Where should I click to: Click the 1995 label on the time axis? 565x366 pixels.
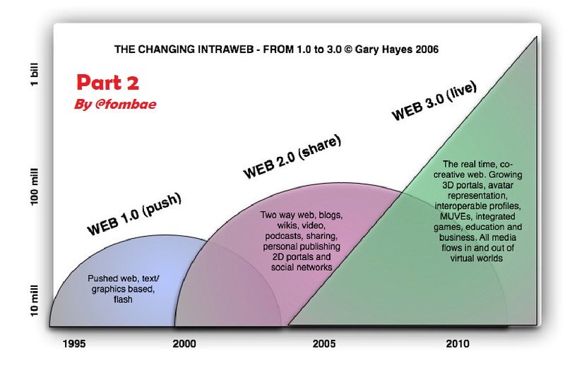pos(74,343)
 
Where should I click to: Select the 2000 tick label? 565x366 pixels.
pos(184,343)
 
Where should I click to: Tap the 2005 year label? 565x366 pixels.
pos(324,343)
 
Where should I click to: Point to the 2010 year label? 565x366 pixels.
pos(458,343)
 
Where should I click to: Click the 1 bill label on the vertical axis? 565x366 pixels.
pos(34,74)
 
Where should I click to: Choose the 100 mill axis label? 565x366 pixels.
pos(34,187)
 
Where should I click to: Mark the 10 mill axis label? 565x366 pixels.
pos(34,301)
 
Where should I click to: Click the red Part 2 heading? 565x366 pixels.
pos(108,83)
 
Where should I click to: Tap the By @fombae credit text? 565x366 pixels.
pos(115,104)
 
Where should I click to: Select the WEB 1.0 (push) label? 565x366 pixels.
pos(134,214)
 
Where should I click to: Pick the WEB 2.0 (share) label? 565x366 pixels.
pos(292,156)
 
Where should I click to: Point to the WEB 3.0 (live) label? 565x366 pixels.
pos(434,101)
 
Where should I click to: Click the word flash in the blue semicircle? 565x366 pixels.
pos(123,300)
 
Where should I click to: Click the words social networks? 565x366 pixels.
pos(302,267)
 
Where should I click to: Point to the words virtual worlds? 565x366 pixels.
pos(476,258)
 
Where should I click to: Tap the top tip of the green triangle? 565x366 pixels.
pos(537,37)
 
